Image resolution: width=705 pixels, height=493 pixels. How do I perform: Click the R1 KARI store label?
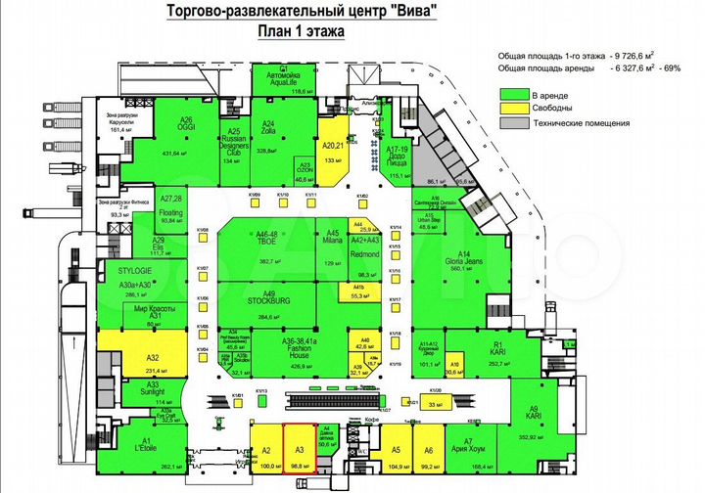tap(497, 349)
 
